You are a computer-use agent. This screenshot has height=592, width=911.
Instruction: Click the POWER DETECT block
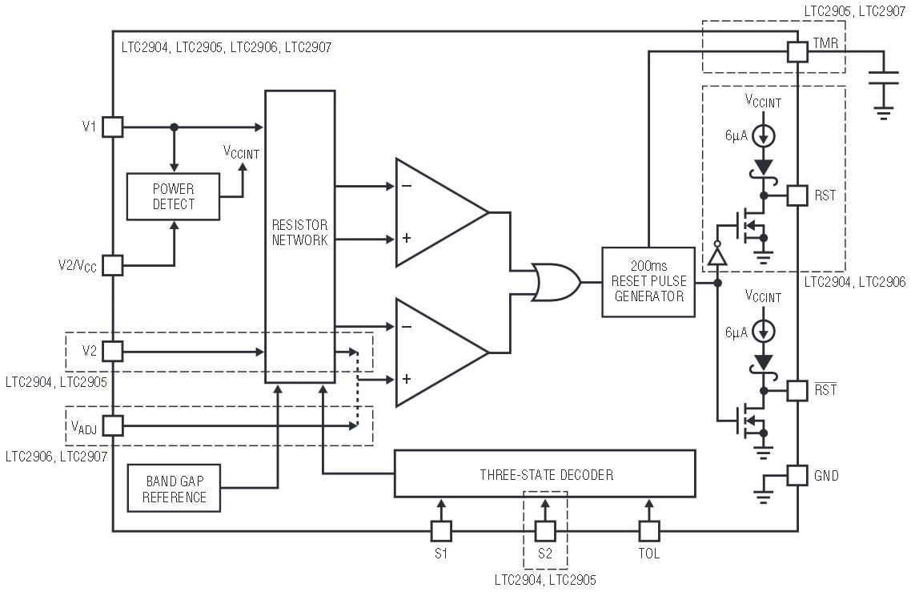coord(173,196)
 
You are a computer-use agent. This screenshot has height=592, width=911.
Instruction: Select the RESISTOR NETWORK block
coord(299,237)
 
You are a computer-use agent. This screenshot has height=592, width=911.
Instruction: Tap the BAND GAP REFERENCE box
coord(174,489)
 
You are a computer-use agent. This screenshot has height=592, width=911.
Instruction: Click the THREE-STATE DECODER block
coord(544,474)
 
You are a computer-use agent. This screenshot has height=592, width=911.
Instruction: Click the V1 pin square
coord(113,127)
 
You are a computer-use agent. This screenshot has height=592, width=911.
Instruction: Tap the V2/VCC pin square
coord(113,264)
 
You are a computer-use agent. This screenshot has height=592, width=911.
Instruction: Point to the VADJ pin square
coord(113,425)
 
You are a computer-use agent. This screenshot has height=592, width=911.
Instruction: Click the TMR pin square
coord(797,52)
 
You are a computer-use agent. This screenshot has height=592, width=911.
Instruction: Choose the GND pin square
coord(797,475)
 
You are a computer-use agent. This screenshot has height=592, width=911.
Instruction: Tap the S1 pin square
coord(441,530)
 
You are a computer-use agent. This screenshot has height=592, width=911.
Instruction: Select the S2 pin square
coord(544,530)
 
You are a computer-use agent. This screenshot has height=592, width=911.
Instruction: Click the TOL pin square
coord(648,530)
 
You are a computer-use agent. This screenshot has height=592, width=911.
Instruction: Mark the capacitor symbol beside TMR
coord(884,77)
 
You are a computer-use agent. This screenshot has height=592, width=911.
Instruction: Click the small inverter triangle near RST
coord(717,256)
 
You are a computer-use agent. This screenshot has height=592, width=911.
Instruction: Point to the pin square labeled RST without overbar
coord(797,195)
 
